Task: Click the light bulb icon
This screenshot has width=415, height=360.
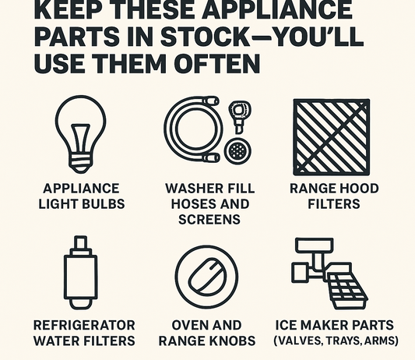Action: click(81, 134)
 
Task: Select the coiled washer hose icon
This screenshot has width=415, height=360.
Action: click(192, 129)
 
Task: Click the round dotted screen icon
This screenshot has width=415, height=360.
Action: click(237, 151)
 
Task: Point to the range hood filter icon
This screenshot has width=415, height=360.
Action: click(332, 137)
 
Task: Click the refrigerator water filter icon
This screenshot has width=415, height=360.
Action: click(80, 273)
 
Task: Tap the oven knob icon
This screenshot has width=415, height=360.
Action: click(206, 277)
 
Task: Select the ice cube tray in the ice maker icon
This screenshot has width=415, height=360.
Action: click(346, 290)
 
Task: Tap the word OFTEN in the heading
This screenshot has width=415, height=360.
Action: click(216, 64)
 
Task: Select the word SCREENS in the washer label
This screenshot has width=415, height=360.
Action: click(209, 220)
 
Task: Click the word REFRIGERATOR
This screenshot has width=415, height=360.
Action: click(84, 325)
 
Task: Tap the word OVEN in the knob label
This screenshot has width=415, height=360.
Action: click(188, 325)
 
